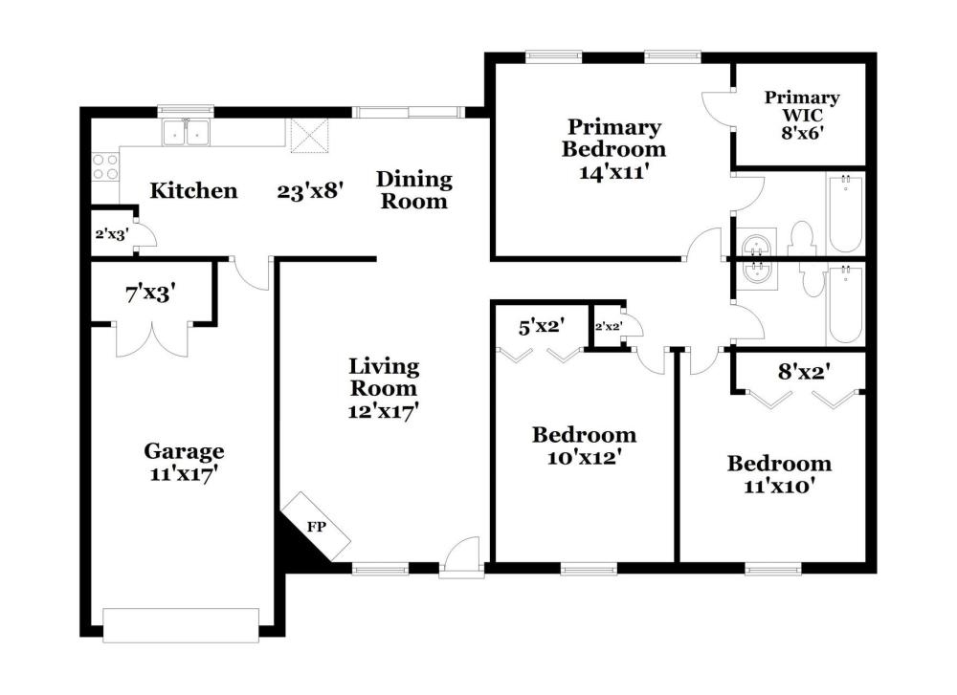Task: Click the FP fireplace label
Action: (x=316, y=527)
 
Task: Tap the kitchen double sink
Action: (x=187, y=132)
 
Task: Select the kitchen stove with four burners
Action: (x=105, y=167)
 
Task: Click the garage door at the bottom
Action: (x=181, y=625)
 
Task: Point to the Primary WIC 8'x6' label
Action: (x=802, y=116)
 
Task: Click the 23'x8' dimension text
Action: (x=311, y=192)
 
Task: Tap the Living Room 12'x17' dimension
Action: (x=383, y=411)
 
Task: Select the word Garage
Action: (x=184, y=452)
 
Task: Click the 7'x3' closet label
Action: (x=151, y=294)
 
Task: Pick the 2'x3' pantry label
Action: (x=112, y=234)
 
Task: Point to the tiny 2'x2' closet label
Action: (x=608, y=326)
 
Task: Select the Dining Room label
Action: (x=413, y=190)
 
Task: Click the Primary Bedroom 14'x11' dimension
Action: (x=613, y=172)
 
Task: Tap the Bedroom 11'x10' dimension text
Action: (x=779, y=487)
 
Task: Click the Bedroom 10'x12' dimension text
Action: (x=584, y=457)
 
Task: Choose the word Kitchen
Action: (x=193, y=191)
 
